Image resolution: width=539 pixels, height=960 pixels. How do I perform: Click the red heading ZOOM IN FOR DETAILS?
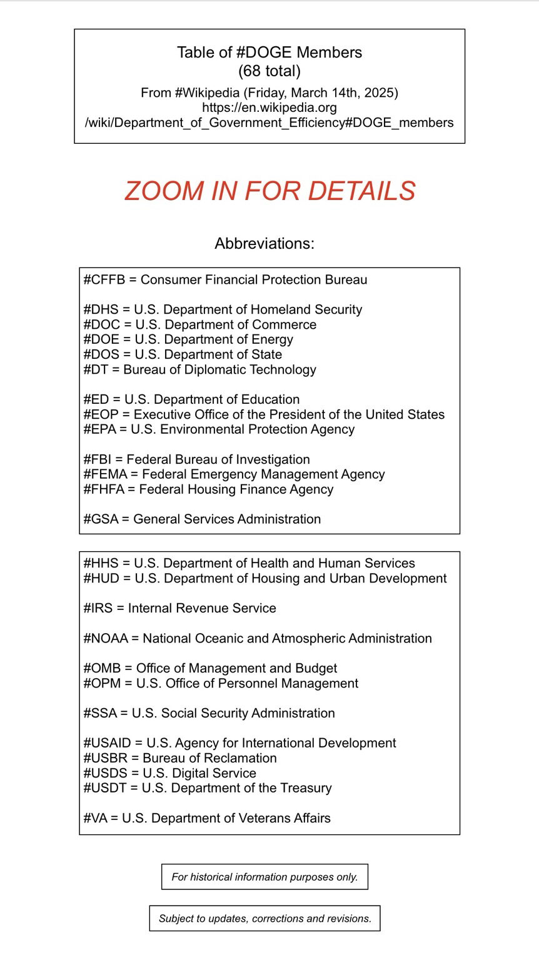[x=269, y=191]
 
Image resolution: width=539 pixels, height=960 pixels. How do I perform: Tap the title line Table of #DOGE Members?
[x=269, y=52]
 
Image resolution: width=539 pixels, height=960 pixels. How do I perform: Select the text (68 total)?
[x=269, y=71]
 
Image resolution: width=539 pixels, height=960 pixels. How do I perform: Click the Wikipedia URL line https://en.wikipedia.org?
[x=269, y=107]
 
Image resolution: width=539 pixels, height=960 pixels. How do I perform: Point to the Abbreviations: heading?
[x=264, y=244]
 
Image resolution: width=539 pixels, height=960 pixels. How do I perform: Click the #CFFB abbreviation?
[x=104, y=280]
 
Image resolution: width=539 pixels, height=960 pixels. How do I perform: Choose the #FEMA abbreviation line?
[x=234, y=474]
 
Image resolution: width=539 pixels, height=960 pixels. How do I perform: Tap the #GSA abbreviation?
[x=101, y=519]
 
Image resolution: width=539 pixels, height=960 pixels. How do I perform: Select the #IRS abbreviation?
[x=98, y=609]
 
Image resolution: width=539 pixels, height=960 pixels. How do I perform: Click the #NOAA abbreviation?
[x=105, y=639]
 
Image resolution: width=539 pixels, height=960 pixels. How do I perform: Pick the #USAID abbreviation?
[x=107, y=743]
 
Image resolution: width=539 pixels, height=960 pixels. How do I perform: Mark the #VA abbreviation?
[x=96, y=818]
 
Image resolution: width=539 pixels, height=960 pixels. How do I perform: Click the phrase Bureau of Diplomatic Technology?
[x=219, y=370]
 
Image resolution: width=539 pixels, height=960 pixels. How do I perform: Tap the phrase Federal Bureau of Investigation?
[x=218, y=460]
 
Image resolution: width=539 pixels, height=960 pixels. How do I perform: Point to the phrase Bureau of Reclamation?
[x=209, y=758]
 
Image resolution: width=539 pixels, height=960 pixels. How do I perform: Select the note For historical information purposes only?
[x=264, y=877]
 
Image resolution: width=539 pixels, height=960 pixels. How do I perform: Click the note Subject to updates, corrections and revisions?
[x=264, y=919]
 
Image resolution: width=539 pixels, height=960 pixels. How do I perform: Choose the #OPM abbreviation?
[x=101, y=684]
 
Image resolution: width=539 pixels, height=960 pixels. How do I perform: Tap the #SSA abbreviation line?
[x=209, y=714]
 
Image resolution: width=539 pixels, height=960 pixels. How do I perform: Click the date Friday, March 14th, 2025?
[x=320, y=93]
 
